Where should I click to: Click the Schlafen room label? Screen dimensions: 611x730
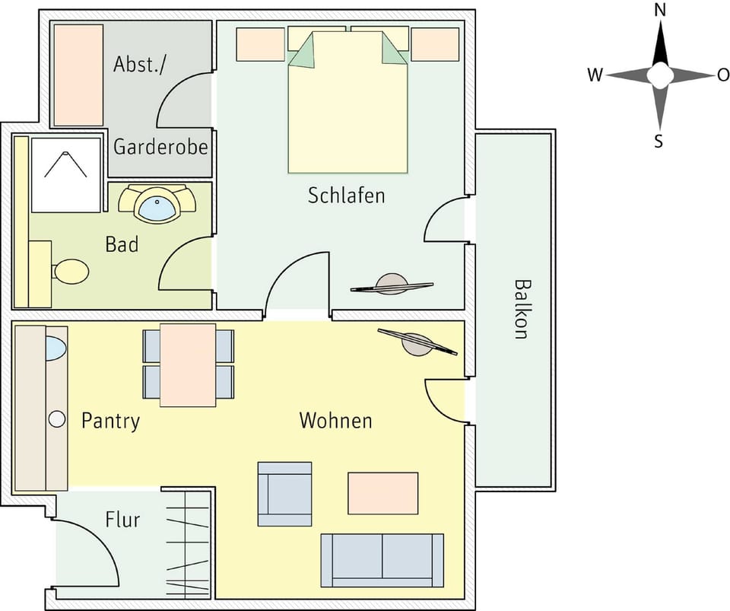(346, 196)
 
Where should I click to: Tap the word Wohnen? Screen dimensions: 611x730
(335, 420)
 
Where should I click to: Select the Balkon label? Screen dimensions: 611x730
(521, 308)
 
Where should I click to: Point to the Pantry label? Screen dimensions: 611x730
(110, 421)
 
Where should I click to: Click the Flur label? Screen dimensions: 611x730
(122, 520)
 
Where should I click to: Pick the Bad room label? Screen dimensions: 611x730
(122, 245)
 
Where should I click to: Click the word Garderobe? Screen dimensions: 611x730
(160, 146)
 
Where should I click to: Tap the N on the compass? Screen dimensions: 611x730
(660, 11)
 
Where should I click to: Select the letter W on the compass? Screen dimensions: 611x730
(595, 75)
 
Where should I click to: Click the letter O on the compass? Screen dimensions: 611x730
(722, 75)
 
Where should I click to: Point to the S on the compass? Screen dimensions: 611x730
(659, 141)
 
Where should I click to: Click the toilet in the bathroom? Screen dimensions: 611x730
(70, 272)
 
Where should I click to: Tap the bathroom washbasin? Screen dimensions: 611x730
(159, 206)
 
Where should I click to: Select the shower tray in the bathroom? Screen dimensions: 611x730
(66, 175)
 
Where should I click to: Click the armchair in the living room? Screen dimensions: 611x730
(284, 494)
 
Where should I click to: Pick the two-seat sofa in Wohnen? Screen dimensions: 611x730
(382, 560)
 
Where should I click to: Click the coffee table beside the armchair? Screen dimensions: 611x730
(382, 493)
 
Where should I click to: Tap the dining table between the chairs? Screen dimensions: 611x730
(188, 364)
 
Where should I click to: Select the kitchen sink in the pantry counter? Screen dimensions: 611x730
(56, 348)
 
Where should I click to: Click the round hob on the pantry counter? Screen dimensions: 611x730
(56, 418)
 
